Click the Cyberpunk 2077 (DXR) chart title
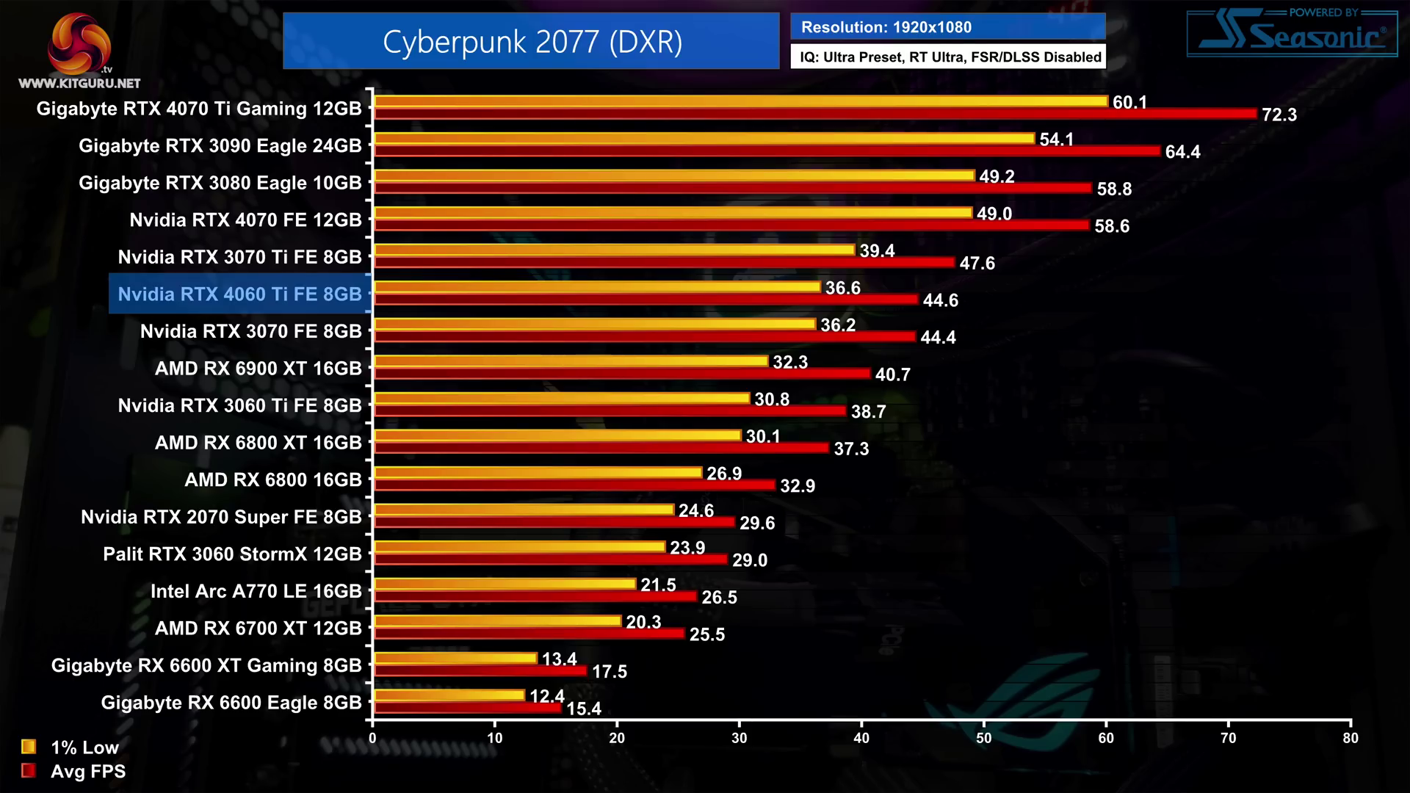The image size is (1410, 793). [532, 42]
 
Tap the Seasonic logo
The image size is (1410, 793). [1292, 34]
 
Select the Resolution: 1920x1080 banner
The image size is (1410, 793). [947, 27]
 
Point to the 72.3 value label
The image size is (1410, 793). [1279, 115]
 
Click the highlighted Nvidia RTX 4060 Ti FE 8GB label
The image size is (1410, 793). [240, 294]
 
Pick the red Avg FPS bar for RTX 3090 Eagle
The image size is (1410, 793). [767, 151]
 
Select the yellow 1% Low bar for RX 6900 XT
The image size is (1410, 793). [571, 361]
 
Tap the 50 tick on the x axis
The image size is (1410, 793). [983, 737]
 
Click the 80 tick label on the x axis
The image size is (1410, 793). [1350, 738]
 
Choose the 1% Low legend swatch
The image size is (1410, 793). [29, 747]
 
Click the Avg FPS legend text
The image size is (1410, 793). [88, 772]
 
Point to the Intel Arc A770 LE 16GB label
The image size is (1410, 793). [256, 592]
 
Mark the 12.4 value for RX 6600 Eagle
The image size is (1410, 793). [546, 696]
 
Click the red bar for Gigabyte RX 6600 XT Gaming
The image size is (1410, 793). [480, 670]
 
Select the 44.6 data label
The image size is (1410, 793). [940, 300]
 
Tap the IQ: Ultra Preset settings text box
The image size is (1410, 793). [948, 57]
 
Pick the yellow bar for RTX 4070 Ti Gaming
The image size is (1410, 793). [740, 101]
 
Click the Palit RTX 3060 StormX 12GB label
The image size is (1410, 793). [232, 554]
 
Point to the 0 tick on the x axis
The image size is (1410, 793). [372, 737]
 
